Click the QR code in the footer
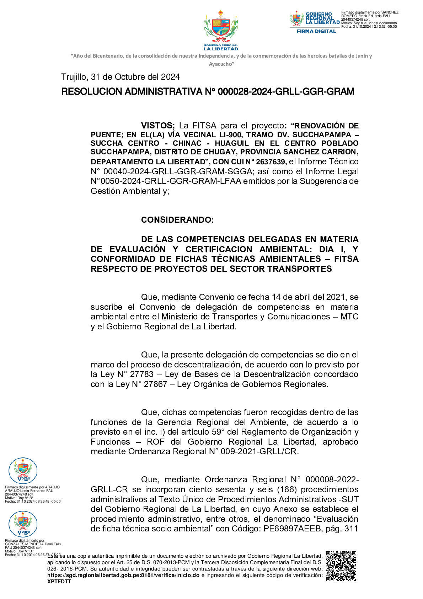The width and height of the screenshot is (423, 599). tap(341, 566)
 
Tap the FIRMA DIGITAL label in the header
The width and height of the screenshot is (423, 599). tap(316, 31)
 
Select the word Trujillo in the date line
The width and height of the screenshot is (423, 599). tap(74, 77)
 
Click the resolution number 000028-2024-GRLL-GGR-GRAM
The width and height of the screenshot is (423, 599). tap(286, 92)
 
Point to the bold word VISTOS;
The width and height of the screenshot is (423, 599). tap(157, 126)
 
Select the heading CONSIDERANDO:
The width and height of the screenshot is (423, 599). tap(177, 220)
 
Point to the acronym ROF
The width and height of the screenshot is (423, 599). tap(155, 442)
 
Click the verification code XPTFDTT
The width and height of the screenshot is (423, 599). tap(59, 582)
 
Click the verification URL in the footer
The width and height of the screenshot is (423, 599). tap(123, 575)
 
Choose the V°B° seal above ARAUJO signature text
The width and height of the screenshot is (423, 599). tap(23, 471)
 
